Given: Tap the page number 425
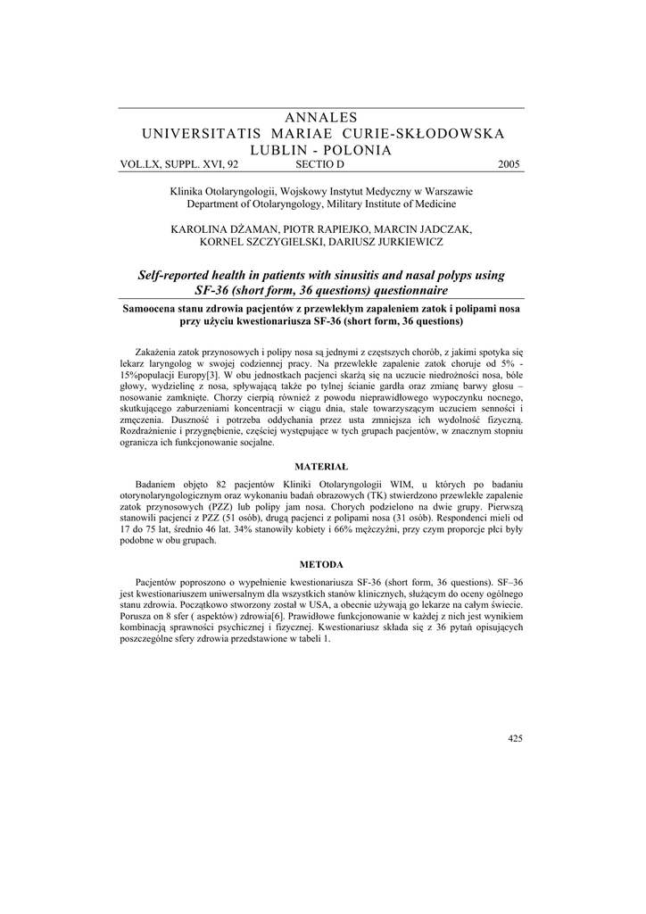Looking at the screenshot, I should (514, 738).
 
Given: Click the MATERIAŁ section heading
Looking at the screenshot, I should (321, 466).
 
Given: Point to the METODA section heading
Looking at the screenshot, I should (321, 564).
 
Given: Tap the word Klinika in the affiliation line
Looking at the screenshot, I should (189, 191).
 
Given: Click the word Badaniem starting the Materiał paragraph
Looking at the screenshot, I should (158, 483).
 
